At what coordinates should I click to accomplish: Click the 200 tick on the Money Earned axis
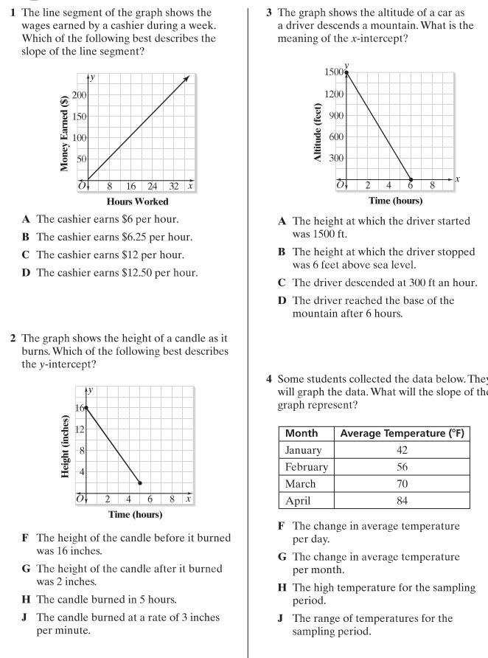click(78, 95)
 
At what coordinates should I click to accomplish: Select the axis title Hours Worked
click(137, 201)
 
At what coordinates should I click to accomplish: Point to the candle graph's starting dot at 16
click(87, 407)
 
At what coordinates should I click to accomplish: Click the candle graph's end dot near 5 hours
click(140, 482)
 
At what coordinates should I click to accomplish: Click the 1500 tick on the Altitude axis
click(333, 72)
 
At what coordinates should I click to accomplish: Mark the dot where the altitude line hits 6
click(411, 179)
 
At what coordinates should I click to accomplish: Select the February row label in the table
click(305, 467)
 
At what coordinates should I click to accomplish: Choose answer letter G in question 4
click(280, 557)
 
